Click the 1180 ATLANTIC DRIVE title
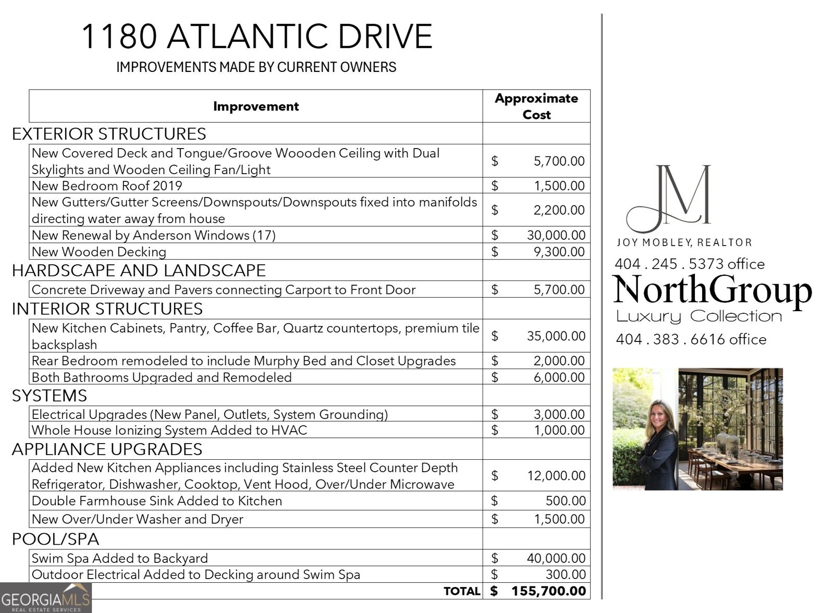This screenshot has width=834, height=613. point(256,36)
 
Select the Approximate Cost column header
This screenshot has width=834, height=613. point(536,106)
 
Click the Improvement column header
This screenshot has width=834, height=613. point(256,106)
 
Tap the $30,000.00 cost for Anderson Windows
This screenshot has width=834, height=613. point(556,235)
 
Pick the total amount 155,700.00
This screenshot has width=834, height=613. point(548,591)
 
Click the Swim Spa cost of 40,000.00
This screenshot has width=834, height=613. point(556,558)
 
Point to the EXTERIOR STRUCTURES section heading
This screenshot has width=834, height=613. point(109,134)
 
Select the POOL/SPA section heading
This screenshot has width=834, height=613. point(55,539)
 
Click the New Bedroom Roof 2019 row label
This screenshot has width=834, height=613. point(107,186)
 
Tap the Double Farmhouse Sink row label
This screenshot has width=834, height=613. point(157,501)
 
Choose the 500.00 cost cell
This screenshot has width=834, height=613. point(566,501)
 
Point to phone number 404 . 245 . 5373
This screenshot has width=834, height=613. point(689,264)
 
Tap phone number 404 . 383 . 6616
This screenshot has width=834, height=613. point(691,339)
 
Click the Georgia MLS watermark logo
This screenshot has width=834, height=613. point(46,598)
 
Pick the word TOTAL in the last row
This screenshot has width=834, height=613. point(462,591)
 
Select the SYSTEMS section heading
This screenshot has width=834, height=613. point(50,396)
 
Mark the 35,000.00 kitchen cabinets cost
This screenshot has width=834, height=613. point(556,336)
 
